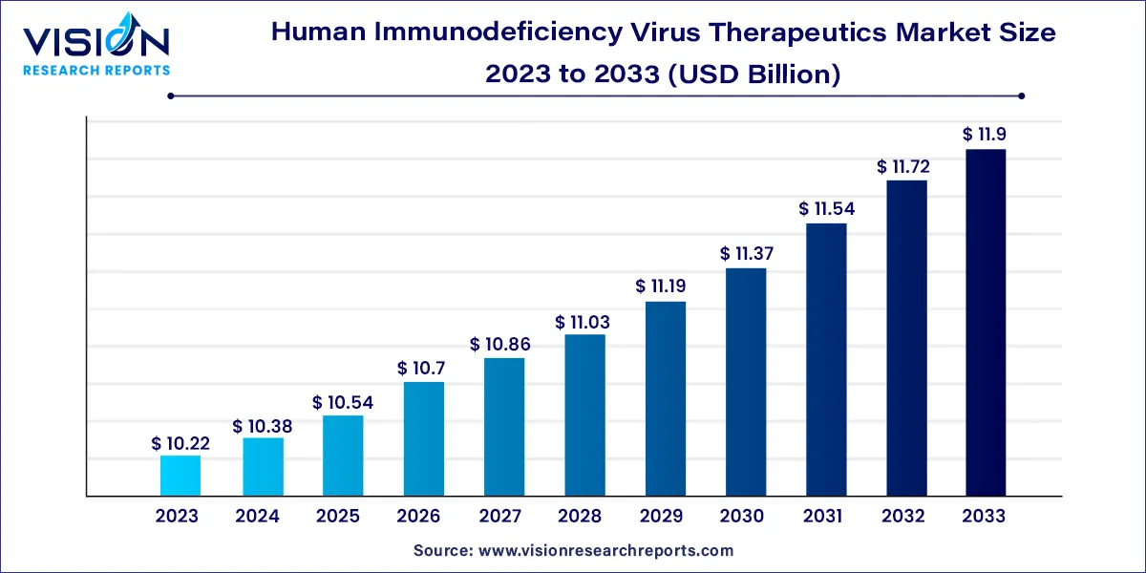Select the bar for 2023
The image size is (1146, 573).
pos(180,476)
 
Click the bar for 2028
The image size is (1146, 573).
pos(584,415)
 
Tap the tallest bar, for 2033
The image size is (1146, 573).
pos(986,323)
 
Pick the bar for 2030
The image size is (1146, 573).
pos(746,382)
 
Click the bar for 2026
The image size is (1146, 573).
pos(423,439)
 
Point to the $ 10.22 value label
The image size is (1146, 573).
pos(180,443)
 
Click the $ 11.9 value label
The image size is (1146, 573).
pos(986,136)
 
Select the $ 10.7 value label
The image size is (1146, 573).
pos(423,369)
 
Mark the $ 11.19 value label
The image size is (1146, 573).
pos(666,286)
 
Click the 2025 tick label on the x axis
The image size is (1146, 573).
pos(338,517)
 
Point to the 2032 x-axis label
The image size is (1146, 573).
pos(903,517)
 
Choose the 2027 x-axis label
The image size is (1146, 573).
pos(499,517)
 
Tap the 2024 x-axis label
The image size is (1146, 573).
pos(257,517)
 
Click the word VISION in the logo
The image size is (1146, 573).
pos(95,43)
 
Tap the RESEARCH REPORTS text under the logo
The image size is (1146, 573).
pos(95,70)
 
